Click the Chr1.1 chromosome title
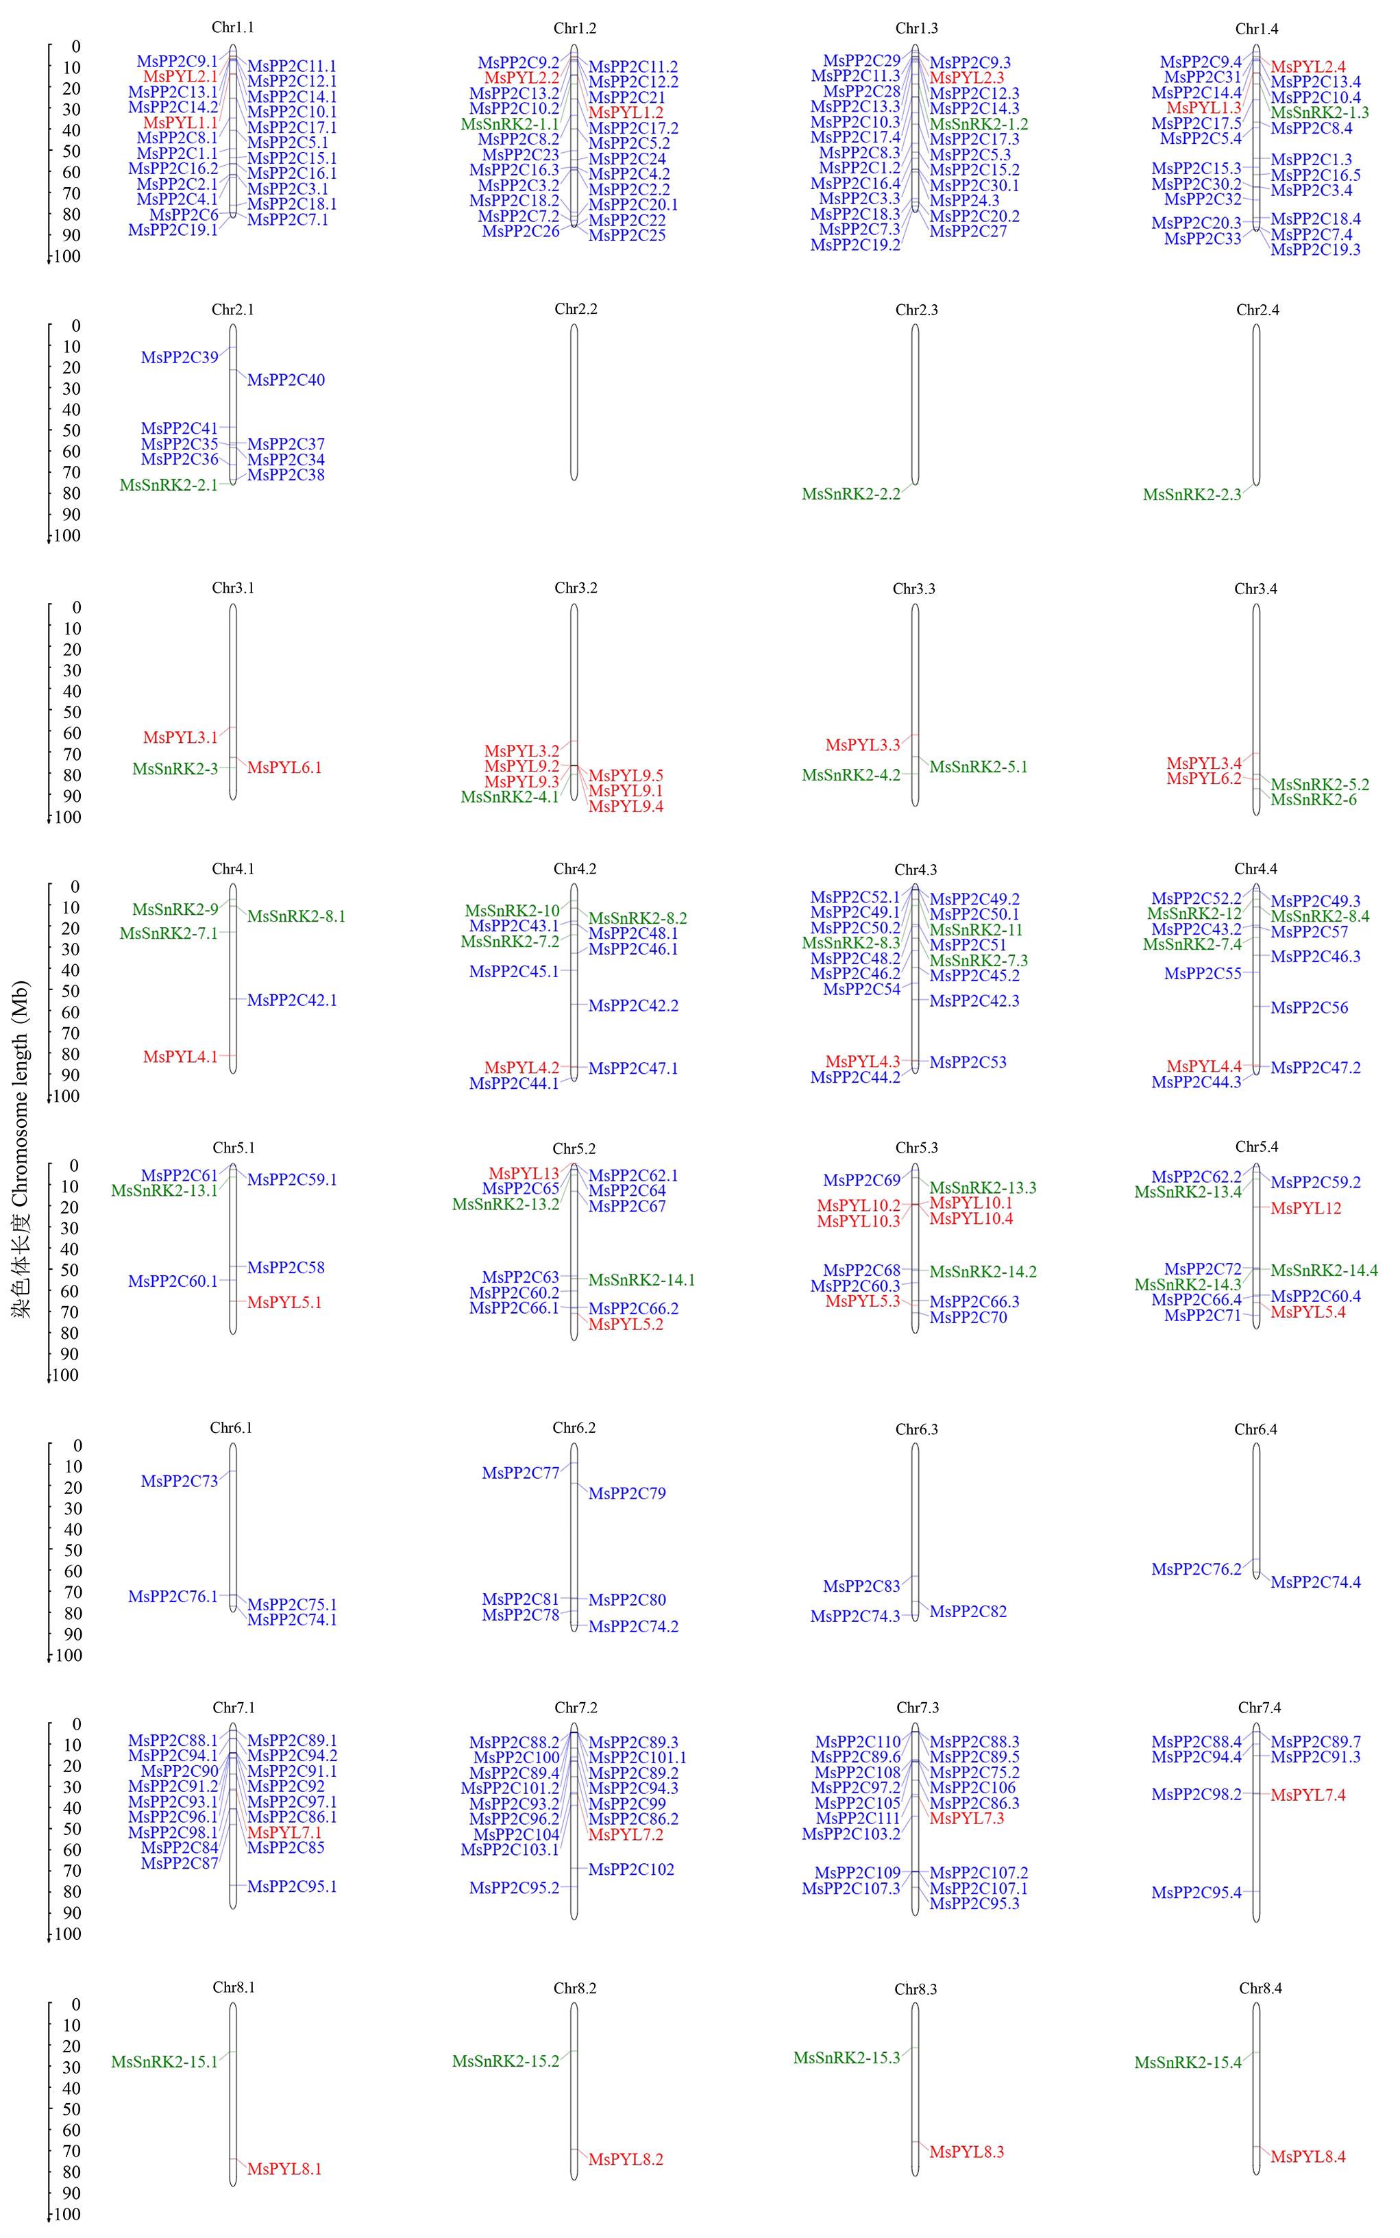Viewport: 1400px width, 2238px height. coord(232,28)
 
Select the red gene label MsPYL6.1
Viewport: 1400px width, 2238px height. coord(284,767)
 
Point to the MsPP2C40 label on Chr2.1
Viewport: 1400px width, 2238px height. coord(286,380)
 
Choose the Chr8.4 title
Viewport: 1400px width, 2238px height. coord(1260,1988)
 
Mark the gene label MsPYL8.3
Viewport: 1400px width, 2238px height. coord(967,2152)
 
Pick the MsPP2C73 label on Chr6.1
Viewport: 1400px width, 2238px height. coord(180,1481)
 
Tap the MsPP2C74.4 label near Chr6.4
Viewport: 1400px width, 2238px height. coord(1316,1582)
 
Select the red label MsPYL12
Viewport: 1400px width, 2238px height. coord(1305,1208)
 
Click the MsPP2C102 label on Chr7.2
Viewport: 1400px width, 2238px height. coord(632,1869)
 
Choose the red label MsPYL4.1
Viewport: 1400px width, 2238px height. coord(180,1057)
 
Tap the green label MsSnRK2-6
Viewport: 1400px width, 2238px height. coord(1313,800)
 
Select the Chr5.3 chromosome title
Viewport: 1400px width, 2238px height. coord(916,1148)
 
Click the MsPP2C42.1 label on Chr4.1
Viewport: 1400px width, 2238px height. coord(292,1000)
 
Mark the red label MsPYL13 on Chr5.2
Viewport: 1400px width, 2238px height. coord(524,1174)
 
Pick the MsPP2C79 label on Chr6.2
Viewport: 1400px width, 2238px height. coord(627,1494)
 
